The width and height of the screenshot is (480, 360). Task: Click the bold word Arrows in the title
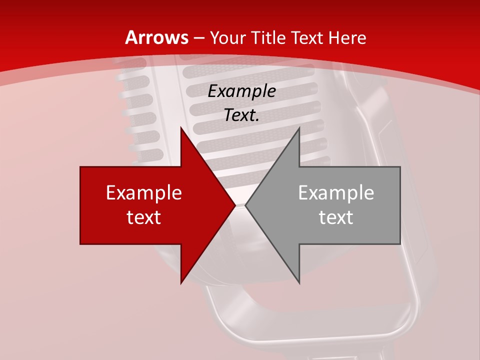pos(157,37)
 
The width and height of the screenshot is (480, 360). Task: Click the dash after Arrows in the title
pos(198,38)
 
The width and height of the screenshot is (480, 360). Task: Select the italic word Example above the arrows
pos(241,91)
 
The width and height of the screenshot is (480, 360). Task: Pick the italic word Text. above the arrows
pos(241,115)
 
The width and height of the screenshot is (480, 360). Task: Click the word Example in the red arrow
pos(144,193)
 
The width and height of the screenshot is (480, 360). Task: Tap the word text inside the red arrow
pos(144,217)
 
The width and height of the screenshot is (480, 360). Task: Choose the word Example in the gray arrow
pos(336,193)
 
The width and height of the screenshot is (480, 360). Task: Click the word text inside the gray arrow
pos(336,217)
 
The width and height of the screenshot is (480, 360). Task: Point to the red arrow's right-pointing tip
pos(234,205)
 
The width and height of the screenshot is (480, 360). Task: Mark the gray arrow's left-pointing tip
pos(245,205)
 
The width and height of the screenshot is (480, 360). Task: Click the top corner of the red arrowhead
pos(181,128)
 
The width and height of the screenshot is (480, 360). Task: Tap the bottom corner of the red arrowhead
pos(181,283)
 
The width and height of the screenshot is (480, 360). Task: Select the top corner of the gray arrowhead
pos(299,128)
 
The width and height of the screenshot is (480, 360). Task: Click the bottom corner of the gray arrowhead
pos(299,283)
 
